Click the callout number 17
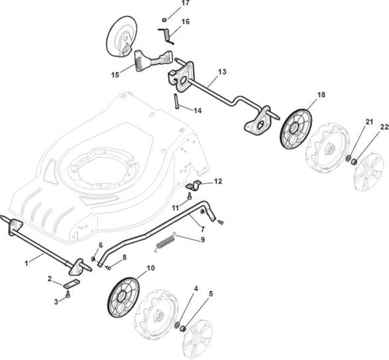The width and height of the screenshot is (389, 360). click(185, 3)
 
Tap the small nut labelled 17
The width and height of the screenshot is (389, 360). click(164, 20)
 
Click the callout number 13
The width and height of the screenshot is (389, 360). click(222, 72)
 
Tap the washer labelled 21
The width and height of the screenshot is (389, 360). click(349, 158)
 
